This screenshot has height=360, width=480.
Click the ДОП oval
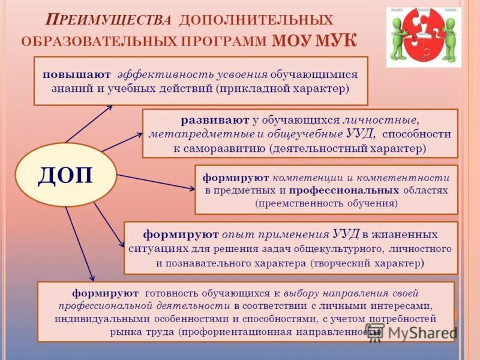[66, 175]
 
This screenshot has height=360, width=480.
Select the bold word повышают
[76, 74]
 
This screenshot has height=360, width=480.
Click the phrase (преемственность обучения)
[326, 203]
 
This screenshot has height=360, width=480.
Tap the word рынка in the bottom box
[124, 331]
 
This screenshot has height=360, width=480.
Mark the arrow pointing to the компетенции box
[156, 182]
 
